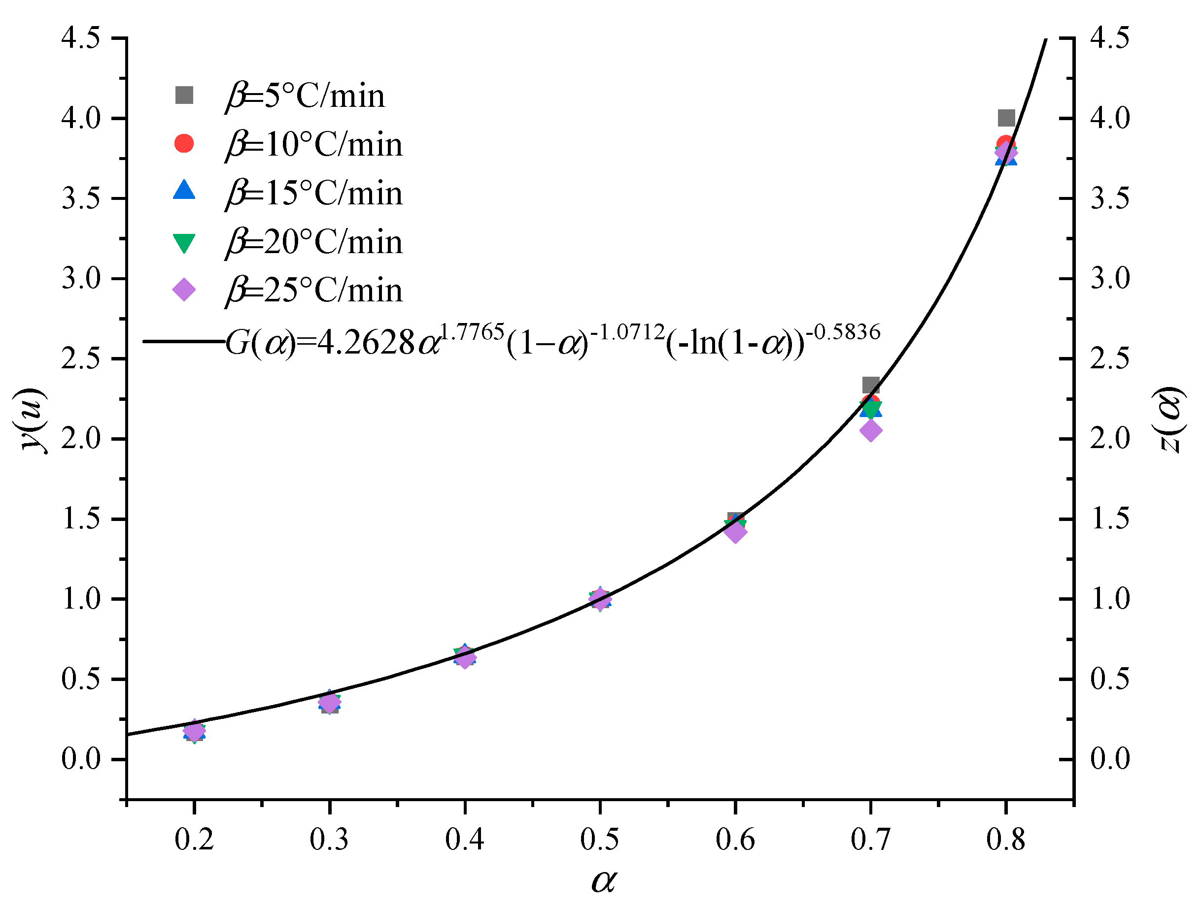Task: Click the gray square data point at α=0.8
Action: (1006, 117)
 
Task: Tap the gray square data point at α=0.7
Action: (870, 386)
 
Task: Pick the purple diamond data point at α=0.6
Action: (735, 532)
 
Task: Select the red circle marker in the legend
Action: (184, 143)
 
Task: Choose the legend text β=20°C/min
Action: (314, 242)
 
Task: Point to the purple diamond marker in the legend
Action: (184, 290)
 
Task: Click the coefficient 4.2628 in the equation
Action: (366, 343)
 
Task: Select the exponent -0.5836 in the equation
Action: (843, 332)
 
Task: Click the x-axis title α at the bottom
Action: (603, 881)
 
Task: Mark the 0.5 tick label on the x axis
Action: (599, 840)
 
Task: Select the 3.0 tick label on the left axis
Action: (81, 279)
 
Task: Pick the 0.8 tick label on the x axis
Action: (1006, 840)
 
